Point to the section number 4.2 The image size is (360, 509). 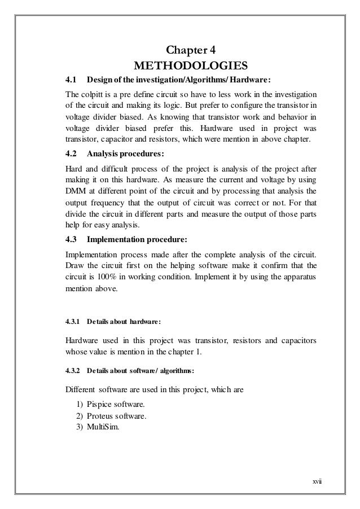[72, 153]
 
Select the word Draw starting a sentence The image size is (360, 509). [76, 264]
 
